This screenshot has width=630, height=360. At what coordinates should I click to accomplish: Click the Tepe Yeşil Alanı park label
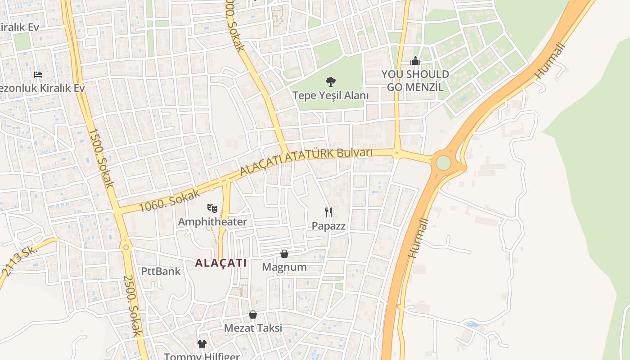click(330, 95)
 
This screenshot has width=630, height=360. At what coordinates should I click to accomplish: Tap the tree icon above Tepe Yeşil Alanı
click(331, 82)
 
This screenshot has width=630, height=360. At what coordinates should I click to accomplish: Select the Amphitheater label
click(212, 222)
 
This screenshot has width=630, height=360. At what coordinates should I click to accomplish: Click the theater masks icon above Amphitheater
click(212, 208)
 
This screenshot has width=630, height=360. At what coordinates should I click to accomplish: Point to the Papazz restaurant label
click(329, 226)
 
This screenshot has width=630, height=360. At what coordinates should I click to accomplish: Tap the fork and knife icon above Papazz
click(329, 212)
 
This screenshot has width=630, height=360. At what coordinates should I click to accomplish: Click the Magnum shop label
click(284, 267)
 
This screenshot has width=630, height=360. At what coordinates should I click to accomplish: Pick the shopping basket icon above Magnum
click(284, 254)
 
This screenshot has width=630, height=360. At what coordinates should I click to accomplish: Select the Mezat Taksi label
click(253, 328)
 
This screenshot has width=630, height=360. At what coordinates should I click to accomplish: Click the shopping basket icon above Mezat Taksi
click(253, 315)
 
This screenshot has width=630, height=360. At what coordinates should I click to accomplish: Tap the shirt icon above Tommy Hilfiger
click(202, 344)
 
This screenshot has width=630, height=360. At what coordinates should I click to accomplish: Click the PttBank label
click(161, 271)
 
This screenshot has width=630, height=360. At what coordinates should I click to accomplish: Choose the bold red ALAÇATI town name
click(221, 263)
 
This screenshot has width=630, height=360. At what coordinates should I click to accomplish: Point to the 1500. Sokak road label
click(101, 158)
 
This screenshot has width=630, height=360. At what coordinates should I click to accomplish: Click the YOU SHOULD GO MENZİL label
click(415, 81)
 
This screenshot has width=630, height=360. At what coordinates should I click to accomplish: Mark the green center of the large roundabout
click(443, 163)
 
